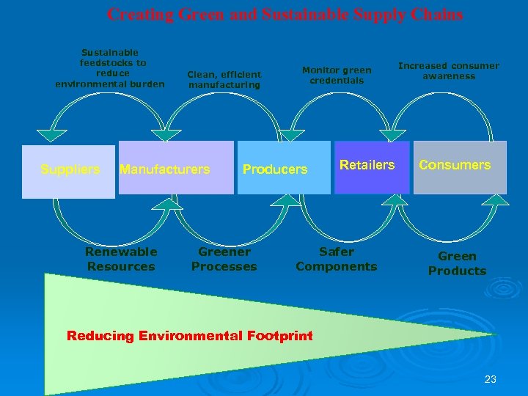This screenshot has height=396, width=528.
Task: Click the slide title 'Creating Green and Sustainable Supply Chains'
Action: pos(285,14)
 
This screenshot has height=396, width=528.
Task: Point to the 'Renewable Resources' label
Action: pos(121,260)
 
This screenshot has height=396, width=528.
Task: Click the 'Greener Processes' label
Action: pos(224,260)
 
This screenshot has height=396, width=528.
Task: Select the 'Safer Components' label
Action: pos(337,260)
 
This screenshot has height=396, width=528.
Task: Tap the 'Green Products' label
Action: pos(457,263)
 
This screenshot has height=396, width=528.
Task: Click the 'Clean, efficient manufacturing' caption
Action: pos(224,79)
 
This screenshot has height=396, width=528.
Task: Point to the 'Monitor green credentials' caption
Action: pos(337,75)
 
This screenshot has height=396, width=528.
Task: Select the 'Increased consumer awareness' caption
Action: pos(448,70)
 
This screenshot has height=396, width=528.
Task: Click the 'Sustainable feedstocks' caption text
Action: pos(110,68)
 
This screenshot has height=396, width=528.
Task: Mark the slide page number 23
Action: pos(491,379)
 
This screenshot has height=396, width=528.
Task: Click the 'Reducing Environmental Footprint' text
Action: pos(189,336)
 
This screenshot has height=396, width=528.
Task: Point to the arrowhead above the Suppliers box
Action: pos(48,134)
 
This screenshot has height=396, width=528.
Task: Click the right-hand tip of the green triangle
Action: pos(496,334)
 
